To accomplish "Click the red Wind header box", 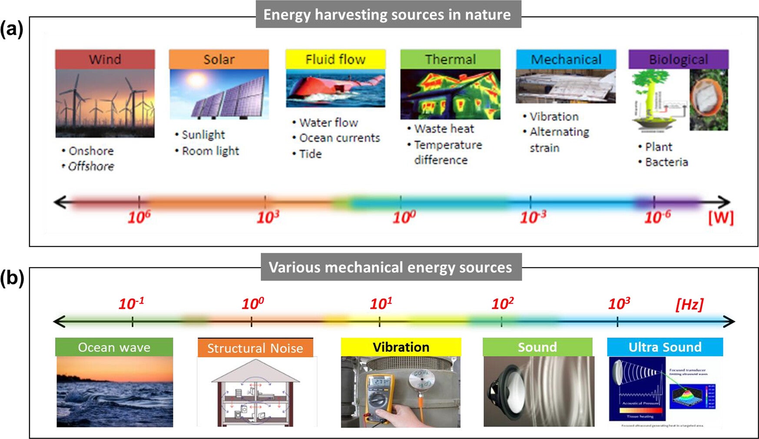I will click(x=105, y=59).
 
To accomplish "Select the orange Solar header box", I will click(x=219, y=59).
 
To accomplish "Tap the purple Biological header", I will click(x=678, y=59).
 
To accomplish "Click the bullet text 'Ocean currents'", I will click(x=339, y=138).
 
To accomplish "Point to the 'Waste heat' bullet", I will click(x=444, y=129).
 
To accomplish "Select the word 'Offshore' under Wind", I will click(x=91, y=166).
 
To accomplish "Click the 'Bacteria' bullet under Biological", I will click(x=666, y=162).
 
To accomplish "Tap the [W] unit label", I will click(x=721, y=218).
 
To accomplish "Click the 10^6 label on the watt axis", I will click(x=139, y=217).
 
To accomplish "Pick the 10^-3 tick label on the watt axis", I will click(x=533, y=217).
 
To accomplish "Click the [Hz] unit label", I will click(x=689, y=304).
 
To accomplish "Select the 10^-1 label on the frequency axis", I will click(x=131, y=303).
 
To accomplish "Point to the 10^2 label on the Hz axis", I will click(x=502, y=303).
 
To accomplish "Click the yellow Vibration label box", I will click(x=401, y=347).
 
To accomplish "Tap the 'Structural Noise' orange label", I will click(x=255, y=348).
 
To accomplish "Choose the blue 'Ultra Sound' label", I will click(x=665, y=347).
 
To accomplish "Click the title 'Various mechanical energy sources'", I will click(x=391, y=267).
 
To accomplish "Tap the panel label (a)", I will click(x=11, y=30).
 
